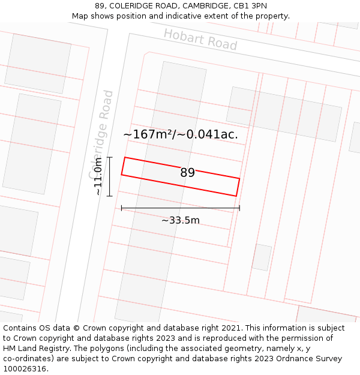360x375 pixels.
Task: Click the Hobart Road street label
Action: coord(200,39)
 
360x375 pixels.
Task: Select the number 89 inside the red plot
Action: coord(187,173)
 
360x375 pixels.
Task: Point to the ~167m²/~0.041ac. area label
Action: coord(181,134)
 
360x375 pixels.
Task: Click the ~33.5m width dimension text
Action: coord(180,220)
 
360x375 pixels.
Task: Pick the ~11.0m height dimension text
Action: coord(98,176)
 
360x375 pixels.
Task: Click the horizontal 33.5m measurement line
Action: coord(180,208)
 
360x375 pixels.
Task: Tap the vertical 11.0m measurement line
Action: coord(109,176)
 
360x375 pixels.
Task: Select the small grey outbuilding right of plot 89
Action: coord(262,257)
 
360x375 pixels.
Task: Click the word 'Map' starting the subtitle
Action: coord(81,16)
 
